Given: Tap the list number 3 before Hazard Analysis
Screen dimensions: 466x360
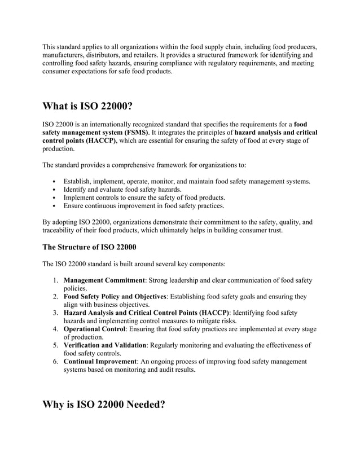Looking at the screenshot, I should coord(56,313).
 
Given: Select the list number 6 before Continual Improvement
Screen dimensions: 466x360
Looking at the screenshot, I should coord(56,362).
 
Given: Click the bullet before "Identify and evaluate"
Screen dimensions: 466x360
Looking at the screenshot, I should coord(54,190).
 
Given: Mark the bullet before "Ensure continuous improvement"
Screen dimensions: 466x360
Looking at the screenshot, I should coord(54,206).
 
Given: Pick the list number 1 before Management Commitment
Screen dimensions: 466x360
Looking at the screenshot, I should coord(56,280).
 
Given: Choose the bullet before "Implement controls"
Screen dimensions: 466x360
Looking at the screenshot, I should coord(54,198).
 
